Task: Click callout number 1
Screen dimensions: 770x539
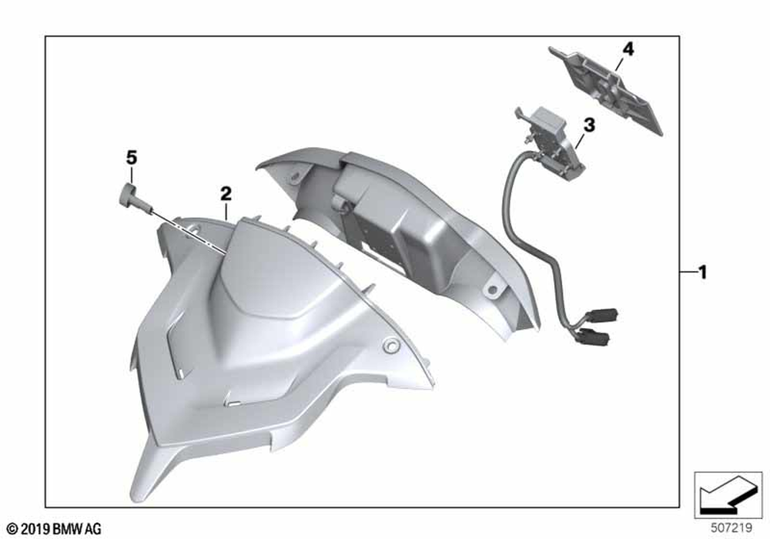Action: point(703,272)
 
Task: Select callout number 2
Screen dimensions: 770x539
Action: point(226,194)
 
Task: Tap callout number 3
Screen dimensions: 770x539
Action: point(589,126)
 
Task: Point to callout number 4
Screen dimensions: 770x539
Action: point(628,49)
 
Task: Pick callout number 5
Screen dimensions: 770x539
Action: point(131,158)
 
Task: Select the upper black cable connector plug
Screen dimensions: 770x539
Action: point(601,315)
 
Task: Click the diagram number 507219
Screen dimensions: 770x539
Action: point(731,527)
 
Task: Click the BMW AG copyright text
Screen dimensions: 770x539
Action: point(55,529)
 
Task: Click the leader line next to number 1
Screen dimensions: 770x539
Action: point(689,271)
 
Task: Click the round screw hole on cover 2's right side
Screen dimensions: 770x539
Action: point(391,345)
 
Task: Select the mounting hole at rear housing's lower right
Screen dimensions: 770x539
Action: point(492,290)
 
